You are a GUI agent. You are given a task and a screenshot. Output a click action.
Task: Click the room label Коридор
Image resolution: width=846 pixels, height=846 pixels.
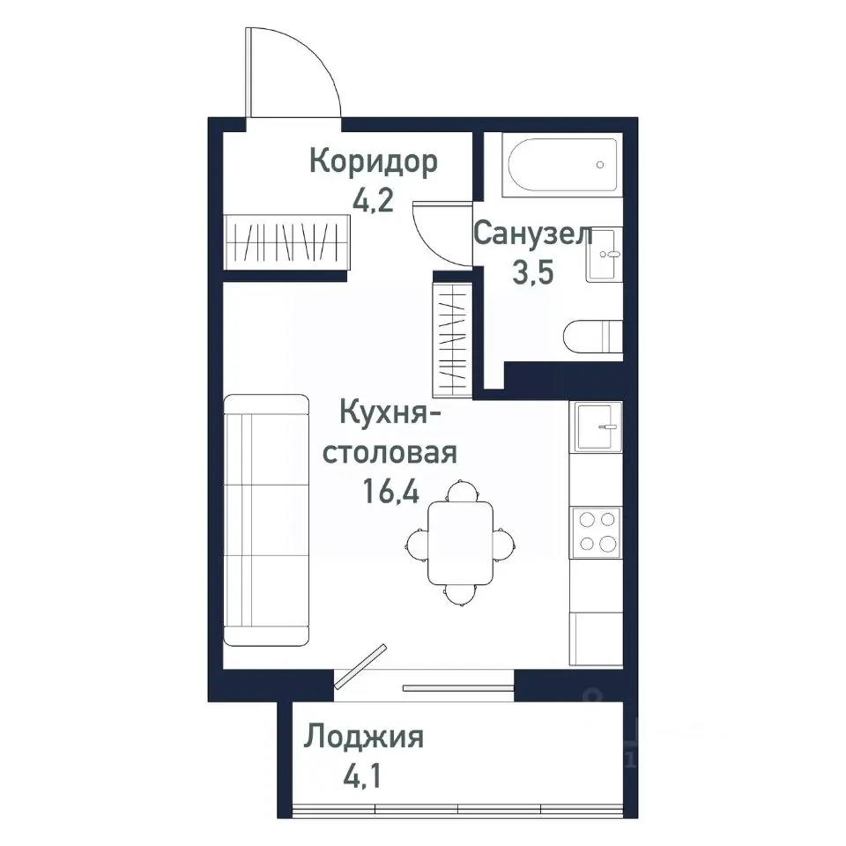point(373,163)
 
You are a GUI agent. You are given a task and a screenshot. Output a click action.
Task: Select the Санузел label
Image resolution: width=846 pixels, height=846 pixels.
point(532,235)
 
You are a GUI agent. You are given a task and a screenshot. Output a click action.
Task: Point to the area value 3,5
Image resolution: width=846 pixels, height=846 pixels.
point(532,272)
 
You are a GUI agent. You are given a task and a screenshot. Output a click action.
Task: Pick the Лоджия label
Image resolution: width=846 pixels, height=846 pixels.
point(363,737)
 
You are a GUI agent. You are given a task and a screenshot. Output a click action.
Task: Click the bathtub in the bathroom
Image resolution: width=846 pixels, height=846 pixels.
point(562,165)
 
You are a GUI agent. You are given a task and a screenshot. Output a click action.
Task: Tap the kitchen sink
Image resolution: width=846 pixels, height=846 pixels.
point(597,426)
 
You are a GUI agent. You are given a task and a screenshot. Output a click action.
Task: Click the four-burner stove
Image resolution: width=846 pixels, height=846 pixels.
point(597,532)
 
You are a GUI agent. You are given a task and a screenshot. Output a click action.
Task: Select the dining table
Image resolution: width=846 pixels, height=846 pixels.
point(460,541)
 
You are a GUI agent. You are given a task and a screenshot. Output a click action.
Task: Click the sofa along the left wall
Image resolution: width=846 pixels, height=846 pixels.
point(267,520)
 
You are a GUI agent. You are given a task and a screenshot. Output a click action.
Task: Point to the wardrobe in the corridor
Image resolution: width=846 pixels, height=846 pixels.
point(287,239)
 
